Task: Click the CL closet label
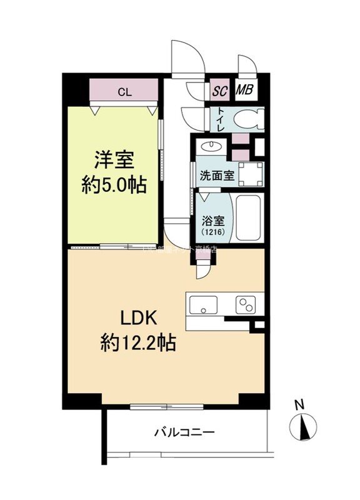(x=124, y=92)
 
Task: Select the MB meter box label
(x=244, y=91)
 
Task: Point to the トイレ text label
(x=222, y=117)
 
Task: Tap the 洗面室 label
(x=216, y=176)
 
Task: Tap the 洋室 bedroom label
(x=113, y=160)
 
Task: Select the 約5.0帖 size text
(x=113, y=185)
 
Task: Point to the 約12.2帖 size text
(x=138, y=342)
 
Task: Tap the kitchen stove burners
(x=245, y=304)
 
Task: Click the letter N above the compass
(x=300, y=405)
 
